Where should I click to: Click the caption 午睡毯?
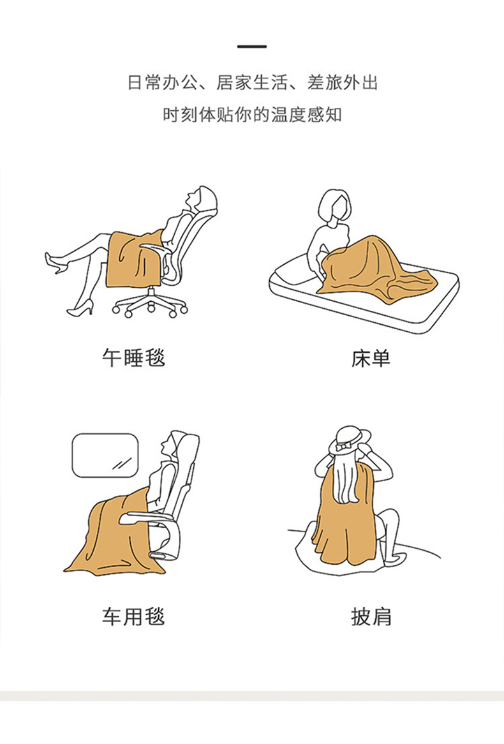(x=134, y=358)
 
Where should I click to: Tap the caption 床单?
(x=371, y=358)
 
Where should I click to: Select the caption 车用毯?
(x=134, y=616)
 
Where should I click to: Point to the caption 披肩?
(x=371, y=616)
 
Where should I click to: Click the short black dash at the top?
(x=252, y=47)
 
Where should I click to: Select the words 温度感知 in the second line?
(x=306, y=114)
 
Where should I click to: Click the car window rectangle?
(x=105, y=456)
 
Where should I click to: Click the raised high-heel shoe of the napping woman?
(x=56, y=264)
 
